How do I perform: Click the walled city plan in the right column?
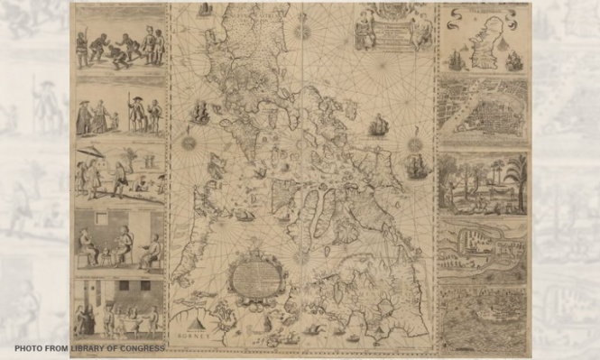click(x=483, y=113)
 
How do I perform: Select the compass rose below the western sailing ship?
click(x=189, y=142)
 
